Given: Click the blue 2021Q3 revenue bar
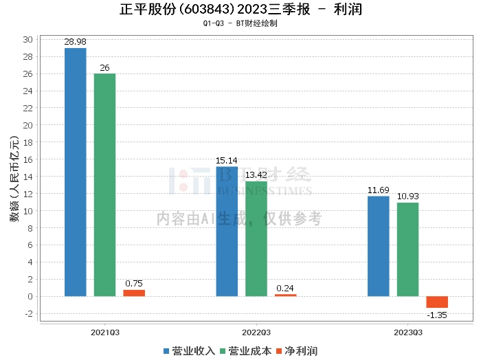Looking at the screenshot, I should [76, 172].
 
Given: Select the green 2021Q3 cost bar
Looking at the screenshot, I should [104, 185].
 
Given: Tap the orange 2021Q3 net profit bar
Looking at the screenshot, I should [134, 293].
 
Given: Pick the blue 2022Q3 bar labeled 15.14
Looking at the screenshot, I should [227, 232].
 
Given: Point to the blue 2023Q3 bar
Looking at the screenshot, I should [379, 246].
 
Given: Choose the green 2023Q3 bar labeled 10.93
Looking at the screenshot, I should [407, 249].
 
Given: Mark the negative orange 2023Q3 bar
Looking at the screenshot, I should [437, 302].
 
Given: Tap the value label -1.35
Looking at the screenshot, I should [437, 315].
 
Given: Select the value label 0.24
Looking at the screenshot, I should [285, 289].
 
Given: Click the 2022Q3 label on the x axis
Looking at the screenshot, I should [256, 333].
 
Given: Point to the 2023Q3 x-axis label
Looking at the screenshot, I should [407, 333].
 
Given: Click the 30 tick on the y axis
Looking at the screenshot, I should [28, 40].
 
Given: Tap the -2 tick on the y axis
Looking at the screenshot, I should [28, 314].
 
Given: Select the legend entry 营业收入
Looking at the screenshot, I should [190, 350].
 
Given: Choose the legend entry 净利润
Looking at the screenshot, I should [297, 350].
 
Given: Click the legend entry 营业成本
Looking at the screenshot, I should [245, 350].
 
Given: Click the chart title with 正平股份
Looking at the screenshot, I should [240, 10].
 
